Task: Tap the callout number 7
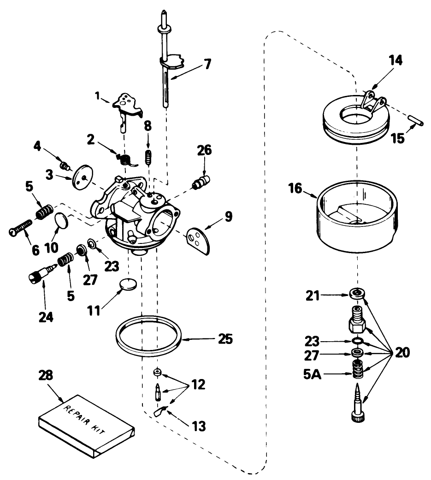click(207, 64)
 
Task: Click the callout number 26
click(205, 150)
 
